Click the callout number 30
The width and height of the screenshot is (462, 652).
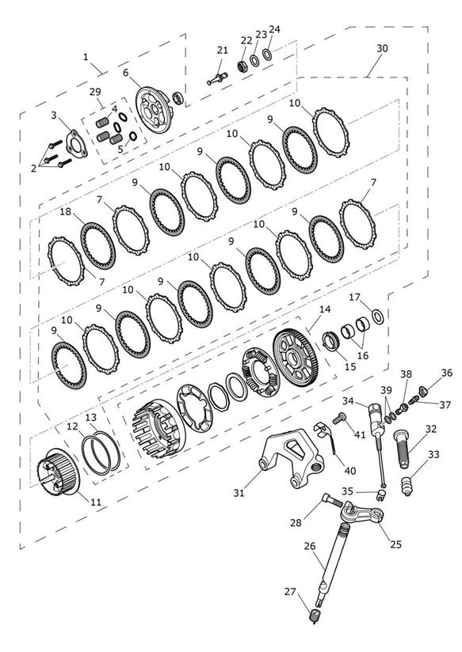click(382, 48)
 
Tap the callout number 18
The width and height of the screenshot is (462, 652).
click(66, 211)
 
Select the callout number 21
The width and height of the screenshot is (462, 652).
click(223, 51)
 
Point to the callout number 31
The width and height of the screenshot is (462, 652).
click(239, 493)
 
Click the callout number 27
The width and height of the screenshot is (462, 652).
click(290, 591)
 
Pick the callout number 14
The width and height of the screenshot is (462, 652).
click(325, 309)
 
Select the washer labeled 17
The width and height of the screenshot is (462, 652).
click(378, 317)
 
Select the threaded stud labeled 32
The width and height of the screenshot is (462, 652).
click(403, 449)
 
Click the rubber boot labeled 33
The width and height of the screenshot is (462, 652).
click(407, 486)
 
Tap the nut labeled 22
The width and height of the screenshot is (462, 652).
click(242, 66)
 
